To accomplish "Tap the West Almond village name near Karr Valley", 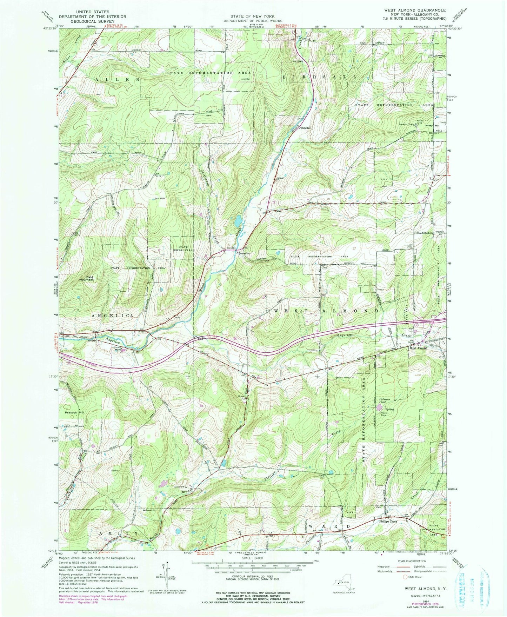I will (418, 348).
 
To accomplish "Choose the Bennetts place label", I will (244, 253).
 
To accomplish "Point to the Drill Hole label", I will (160, 199).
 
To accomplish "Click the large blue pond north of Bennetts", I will (238, 221).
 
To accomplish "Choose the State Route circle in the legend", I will (406, 577).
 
